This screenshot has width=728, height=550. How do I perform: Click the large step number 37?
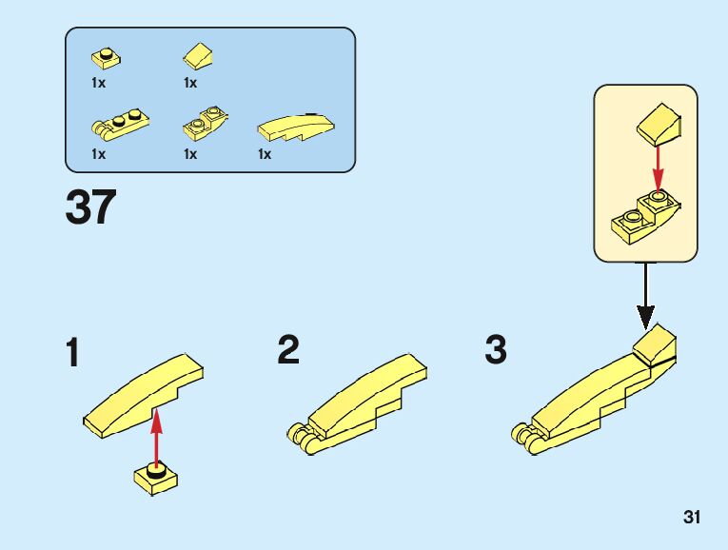click(x=91, y=206)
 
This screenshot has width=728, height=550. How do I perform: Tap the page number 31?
click(x=691, y=517)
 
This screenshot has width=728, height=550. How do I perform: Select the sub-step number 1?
click(x=73, y=352)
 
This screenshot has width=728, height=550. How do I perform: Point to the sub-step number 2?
click(x=288, y=350)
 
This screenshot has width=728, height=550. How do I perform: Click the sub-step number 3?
click(x=496, y=350)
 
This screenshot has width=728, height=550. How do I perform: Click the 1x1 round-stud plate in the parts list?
click(x=106, y=58)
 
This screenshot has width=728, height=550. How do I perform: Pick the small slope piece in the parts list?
click(x=198, y=56)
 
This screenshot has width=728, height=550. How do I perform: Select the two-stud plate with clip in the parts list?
click(x=120, y=124)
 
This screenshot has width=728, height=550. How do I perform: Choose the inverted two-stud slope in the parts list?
click(x=206, y=124)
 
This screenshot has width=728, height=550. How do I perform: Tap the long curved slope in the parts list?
click(x=296, y=128)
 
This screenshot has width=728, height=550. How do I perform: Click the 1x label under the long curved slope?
click(x=265, y=154)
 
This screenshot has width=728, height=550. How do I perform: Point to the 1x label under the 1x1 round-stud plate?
click(x=98, y=83)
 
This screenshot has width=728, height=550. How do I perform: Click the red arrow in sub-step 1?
click(x=156, y=437)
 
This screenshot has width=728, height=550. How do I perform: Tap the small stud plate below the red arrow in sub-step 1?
click(x=156, y=479)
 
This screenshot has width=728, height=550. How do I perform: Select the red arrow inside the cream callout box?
click(x=658, y=168)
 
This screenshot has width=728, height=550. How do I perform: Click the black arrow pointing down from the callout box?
click(x=645, y=296)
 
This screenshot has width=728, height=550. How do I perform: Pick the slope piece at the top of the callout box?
click(x=659, y=126)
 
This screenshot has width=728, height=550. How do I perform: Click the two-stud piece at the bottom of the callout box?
click(x=646, y=217)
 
